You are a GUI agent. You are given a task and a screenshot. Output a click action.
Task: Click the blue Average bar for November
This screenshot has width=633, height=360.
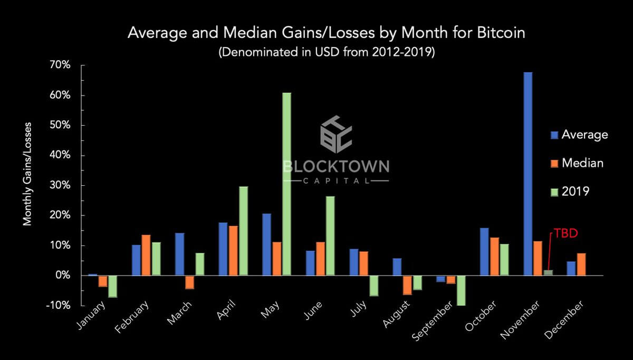(x=527, y=174)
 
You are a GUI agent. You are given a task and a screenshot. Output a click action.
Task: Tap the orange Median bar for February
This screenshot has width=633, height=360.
(x=146, y=255)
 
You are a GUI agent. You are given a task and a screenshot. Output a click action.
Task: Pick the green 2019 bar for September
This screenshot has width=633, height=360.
(x=461, y=290)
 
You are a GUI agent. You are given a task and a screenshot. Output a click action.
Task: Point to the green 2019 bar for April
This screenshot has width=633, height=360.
(x=243, y=231)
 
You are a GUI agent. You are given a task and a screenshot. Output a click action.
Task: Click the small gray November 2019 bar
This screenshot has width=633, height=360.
(x=548, y=273)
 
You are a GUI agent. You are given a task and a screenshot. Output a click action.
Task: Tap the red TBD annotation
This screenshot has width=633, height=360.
(x=562, y=233)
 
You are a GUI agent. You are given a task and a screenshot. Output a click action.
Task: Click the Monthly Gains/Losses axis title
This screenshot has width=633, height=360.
(x=27, y=174)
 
